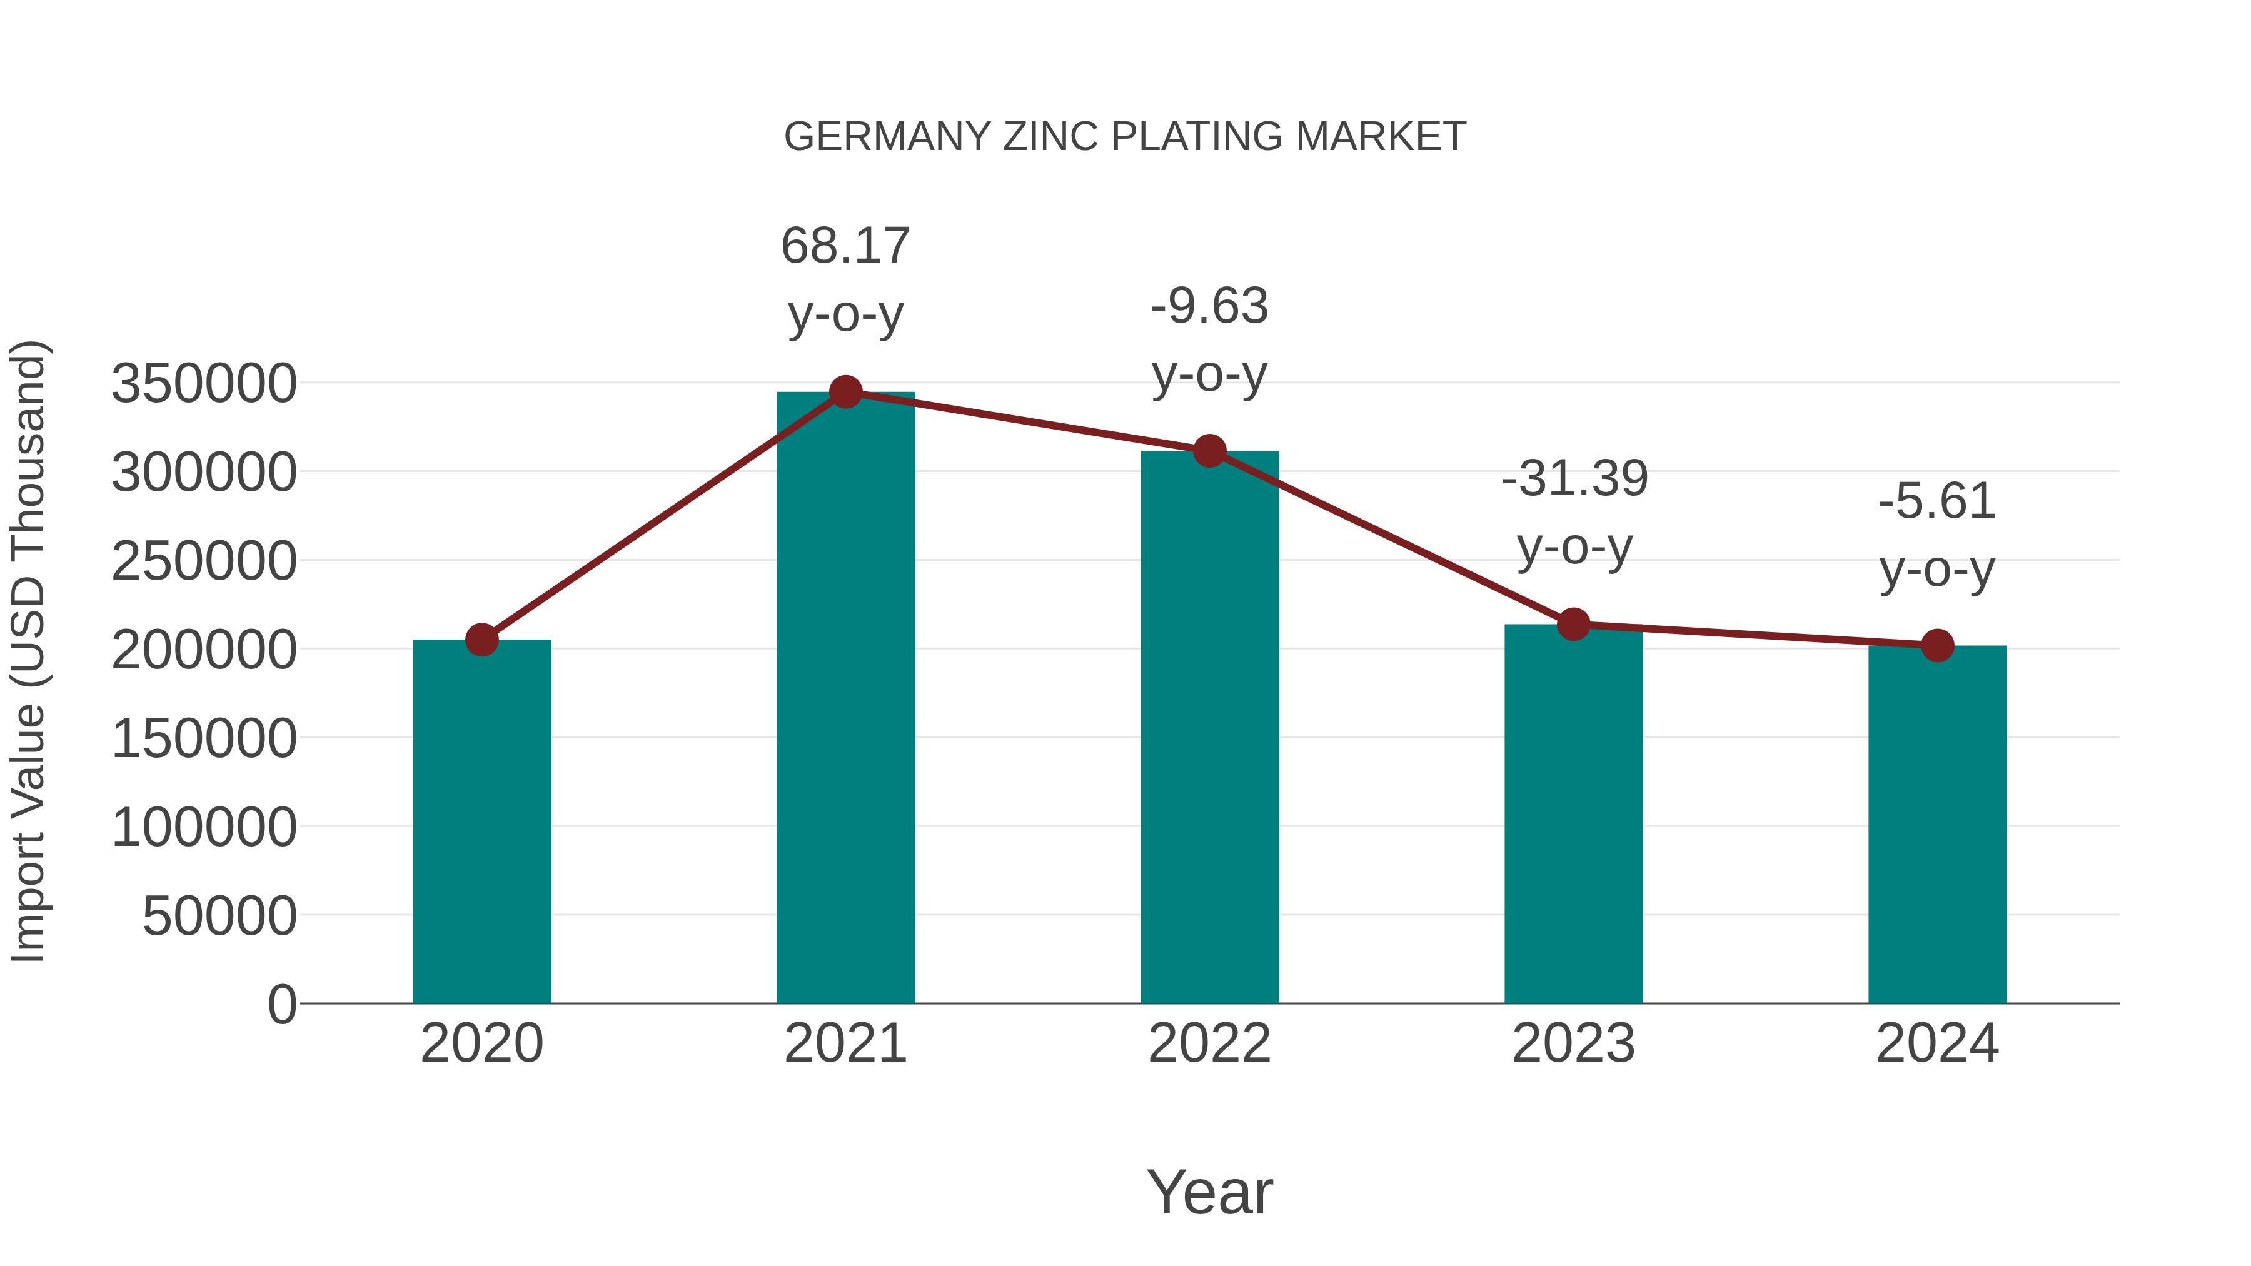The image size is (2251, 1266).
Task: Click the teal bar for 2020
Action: tap(481, 821)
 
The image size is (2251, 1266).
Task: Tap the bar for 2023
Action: tap(1573, 813)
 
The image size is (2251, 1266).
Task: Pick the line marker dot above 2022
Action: tap(1209, 451)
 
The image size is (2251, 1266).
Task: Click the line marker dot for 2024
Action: tap(1937, 646)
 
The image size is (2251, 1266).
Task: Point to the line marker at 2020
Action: tap(481, 640)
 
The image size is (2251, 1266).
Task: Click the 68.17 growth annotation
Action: tap(845, 246)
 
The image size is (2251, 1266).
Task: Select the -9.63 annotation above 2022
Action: tap(1209, 307)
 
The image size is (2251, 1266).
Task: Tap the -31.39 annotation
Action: tap(1574, 479)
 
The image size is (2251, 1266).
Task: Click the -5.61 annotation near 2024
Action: tap(1937, 501)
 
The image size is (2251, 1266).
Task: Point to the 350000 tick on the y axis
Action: tap(204, 384)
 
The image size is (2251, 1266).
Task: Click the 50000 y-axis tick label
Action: tap(219, 916)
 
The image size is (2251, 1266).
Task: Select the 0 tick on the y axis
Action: tap(281, 1004)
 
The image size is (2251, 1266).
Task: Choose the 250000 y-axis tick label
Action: tap(204, 561)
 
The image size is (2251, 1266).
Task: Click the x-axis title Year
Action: tap(1209, 1192)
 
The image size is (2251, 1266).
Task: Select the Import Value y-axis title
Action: tap(28, 651)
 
